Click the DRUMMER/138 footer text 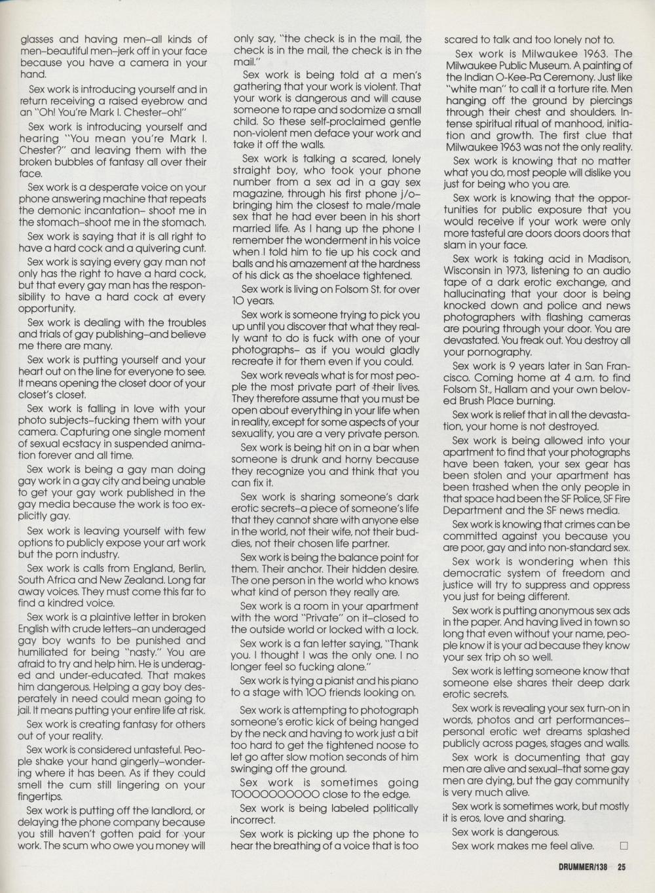[x=578, y=865]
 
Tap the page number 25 [x=622, y=865]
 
